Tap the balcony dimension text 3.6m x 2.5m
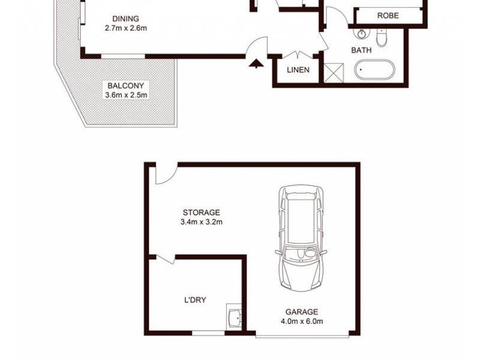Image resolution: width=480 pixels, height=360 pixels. coord(125,94)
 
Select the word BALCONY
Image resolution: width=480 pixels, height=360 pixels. coord(125,85)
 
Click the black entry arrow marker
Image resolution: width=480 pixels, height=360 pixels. coord(257,62)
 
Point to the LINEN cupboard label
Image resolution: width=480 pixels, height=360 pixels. coord(298,70)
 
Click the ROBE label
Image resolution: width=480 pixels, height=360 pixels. coord(388,16)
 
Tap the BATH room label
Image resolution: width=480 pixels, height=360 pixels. coord(362,50)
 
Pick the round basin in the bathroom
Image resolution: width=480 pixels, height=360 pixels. coord(363,34)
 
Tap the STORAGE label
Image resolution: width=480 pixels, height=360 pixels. coord(202,212)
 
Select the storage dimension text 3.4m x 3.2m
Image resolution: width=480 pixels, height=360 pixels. coord(202,222)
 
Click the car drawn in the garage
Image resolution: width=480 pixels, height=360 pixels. coord(299,237)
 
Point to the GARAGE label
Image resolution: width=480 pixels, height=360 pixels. coord(302,312)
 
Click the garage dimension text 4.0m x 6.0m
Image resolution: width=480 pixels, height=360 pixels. coord(302,322)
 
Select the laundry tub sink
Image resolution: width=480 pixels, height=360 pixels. coord(233,317)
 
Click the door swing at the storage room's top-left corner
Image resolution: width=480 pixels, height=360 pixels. coord(164,174)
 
